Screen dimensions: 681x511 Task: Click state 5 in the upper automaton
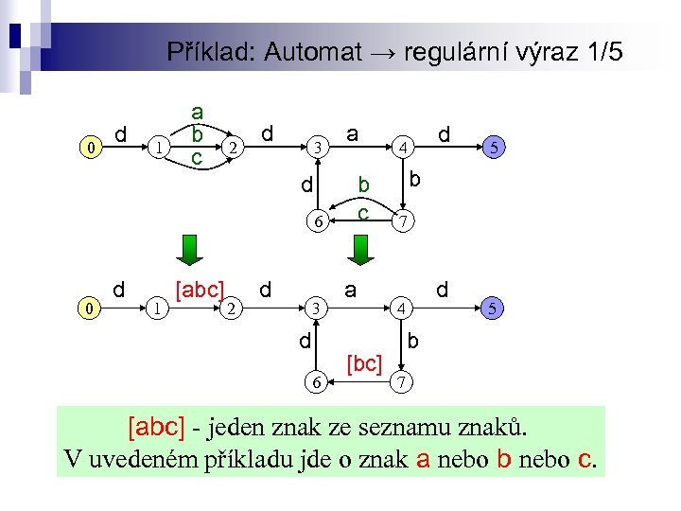493,148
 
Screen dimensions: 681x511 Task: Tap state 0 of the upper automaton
89,149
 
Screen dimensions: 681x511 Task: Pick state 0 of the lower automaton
89,308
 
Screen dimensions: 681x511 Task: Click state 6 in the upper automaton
320,223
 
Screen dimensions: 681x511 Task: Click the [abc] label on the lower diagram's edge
199,290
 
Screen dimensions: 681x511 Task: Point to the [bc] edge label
364,362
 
